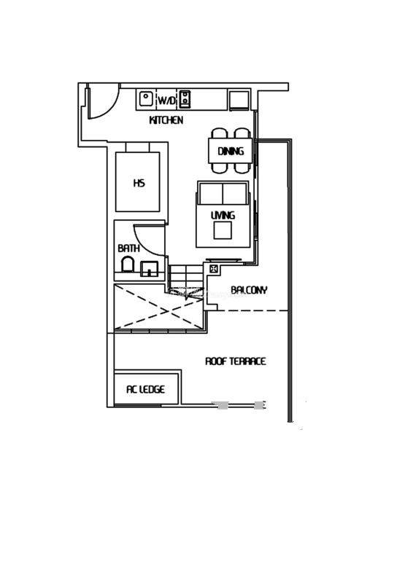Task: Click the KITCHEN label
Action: tap(166, 120)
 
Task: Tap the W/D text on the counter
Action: tap(166, 100)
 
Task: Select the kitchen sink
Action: tap(146, 99)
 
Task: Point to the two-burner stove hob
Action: tap(185, 99)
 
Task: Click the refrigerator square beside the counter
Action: tap(239, 100)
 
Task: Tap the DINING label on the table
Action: tap(231, 151)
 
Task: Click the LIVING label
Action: tap(223, 215)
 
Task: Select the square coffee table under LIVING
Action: tap(223, 230)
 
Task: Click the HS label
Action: tap(139, 183)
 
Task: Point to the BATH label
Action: tap(128, 248)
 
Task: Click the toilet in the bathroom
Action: tap(128, 264)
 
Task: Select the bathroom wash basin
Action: tap(149, 268)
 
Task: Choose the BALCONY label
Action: tap(249, 289)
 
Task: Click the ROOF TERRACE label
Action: tap(236, 361)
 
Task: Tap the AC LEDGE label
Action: tap(146, 389)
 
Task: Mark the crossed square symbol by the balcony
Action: tap(213, 268)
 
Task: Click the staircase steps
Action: tap(185, 276)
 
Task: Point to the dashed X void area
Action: tap(159, 307)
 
